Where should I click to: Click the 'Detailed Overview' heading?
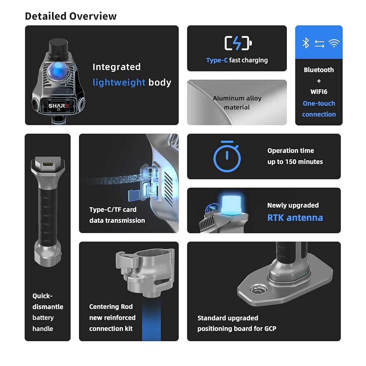(x=71, y=16)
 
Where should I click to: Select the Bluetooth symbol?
(x=306, y=43)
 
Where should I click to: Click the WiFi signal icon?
(x=334, y=43)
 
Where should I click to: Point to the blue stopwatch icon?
(x=227, y=156)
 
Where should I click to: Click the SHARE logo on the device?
(x=59, y=106)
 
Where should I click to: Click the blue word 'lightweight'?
(x=119, y=82)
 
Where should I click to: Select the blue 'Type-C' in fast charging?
(x=217, y=60)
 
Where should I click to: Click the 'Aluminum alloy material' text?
(x=237, y=103)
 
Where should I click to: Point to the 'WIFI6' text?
(x=319, y=92)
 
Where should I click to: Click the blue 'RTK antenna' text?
(x=295, y=218)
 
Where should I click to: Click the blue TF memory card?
(x=134, y=195)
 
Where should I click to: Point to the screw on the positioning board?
(x=258, y=290)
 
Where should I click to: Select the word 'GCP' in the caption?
(x=270, y=329)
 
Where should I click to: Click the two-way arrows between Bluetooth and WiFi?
(x=319, y=44)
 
